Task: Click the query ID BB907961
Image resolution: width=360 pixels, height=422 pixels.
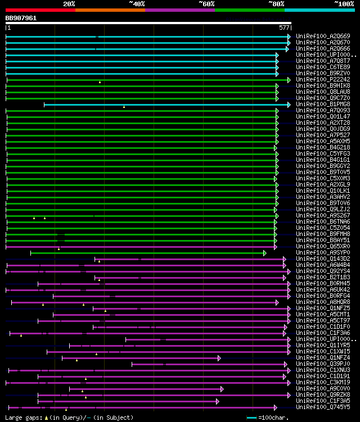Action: pyautogui.click(x=21, y=18)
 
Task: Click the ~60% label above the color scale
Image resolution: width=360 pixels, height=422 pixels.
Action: pyautogui.click(x=206, y=3)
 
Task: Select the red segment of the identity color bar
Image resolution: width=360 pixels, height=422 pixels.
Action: pyautogui.click(x=40, y=10)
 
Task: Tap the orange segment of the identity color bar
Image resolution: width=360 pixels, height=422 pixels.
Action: pyautogui.click(x=110, y=10)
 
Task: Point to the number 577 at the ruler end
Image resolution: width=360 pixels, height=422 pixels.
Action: pyautogui.click(x=284, y=27)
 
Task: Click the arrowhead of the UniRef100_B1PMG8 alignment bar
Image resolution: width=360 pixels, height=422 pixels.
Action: pyautogui.click(x=289, y=105)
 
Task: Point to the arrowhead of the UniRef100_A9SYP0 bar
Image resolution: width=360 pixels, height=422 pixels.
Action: pyautogui.click(x=264, y=253)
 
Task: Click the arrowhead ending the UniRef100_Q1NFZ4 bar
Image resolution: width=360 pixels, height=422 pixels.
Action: pyautogui.click(x=219, y=358)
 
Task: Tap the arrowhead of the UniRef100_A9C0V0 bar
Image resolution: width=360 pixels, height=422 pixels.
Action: pyautogui.click(x=222, y=389)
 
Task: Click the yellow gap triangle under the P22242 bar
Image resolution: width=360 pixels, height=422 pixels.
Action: pyautogui.click(x=100, y=82)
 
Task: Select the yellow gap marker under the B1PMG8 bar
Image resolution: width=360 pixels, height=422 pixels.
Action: pyautogui.click(x=124, y=107)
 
